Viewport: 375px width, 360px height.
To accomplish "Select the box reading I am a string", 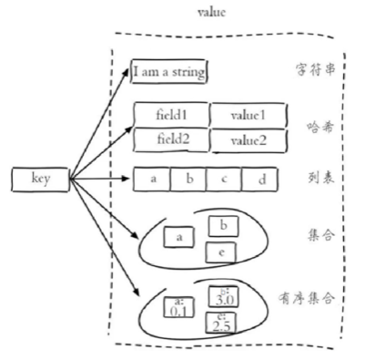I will pos(169,71).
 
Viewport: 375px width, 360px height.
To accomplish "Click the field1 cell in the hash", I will pos(170,117).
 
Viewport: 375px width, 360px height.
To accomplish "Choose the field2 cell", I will pos(170,140).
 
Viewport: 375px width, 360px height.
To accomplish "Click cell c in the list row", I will pos(223,179).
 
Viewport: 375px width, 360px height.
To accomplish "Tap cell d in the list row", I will pos(259,180).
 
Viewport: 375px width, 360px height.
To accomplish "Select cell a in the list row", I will pos(153,179).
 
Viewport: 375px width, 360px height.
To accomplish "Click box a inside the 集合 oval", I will pos(179,237).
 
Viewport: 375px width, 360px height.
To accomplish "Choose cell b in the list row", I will pos(188,179).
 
